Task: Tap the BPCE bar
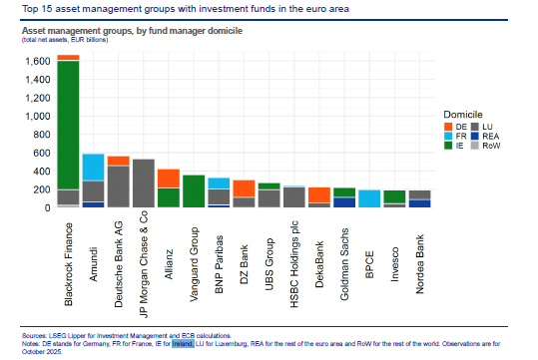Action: point(368,198)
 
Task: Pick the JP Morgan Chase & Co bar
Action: point(144,183)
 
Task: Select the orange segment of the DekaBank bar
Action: point(318,194)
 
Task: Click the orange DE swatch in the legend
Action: point(450,127)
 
